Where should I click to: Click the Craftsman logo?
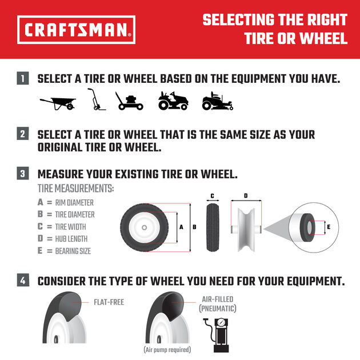pyautogui.click(x=77, y=30)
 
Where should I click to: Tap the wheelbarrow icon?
pyautogui.click(x=58, y=103)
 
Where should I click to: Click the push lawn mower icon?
pyautogui.click(x=130, y=101)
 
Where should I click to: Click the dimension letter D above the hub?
pyautogui.click(x=246, y=196)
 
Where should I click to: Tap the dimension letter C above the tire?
pyautogui.click(x=212, y=196)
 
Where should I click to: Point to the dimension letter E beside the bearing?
pyautogui.click(x=328, y=227)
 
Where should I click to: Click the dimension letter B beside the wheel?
pyautogui.click(x=194, y=227)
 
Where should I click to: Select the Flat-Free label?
pyautogui.click(x=109, y=302)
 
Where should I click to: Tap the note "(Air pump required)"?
pyautogui.click(x=166, y=349)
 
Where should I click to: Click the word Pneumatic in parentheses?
pyautogui.click(x=217, y=309)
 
